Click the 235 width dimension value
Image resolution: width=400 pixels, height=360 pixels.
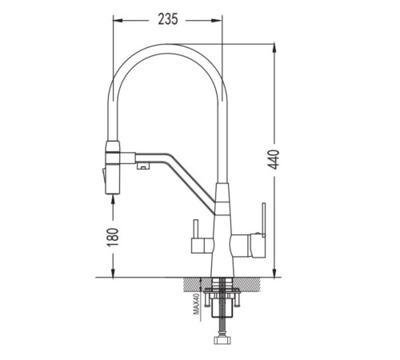168,19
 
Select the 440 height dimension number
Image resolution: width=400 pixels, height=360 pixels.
274,160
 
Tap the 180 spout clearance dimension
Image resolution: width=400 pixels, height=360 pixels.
113,237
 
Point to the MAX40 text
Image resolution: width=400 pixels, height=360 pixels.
197,303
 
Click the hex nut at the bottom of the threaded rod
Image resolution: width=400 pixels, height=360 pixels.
222,340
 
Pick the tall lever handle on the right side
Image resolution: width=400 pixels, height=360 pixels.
263,220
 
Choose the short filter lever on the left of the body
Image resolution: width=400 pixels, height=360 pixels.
195,229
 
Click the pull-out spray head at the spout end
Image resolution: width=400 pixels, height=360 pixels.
113,167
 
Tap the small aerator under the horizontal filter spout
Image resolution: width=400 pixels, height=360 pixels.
144,166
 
